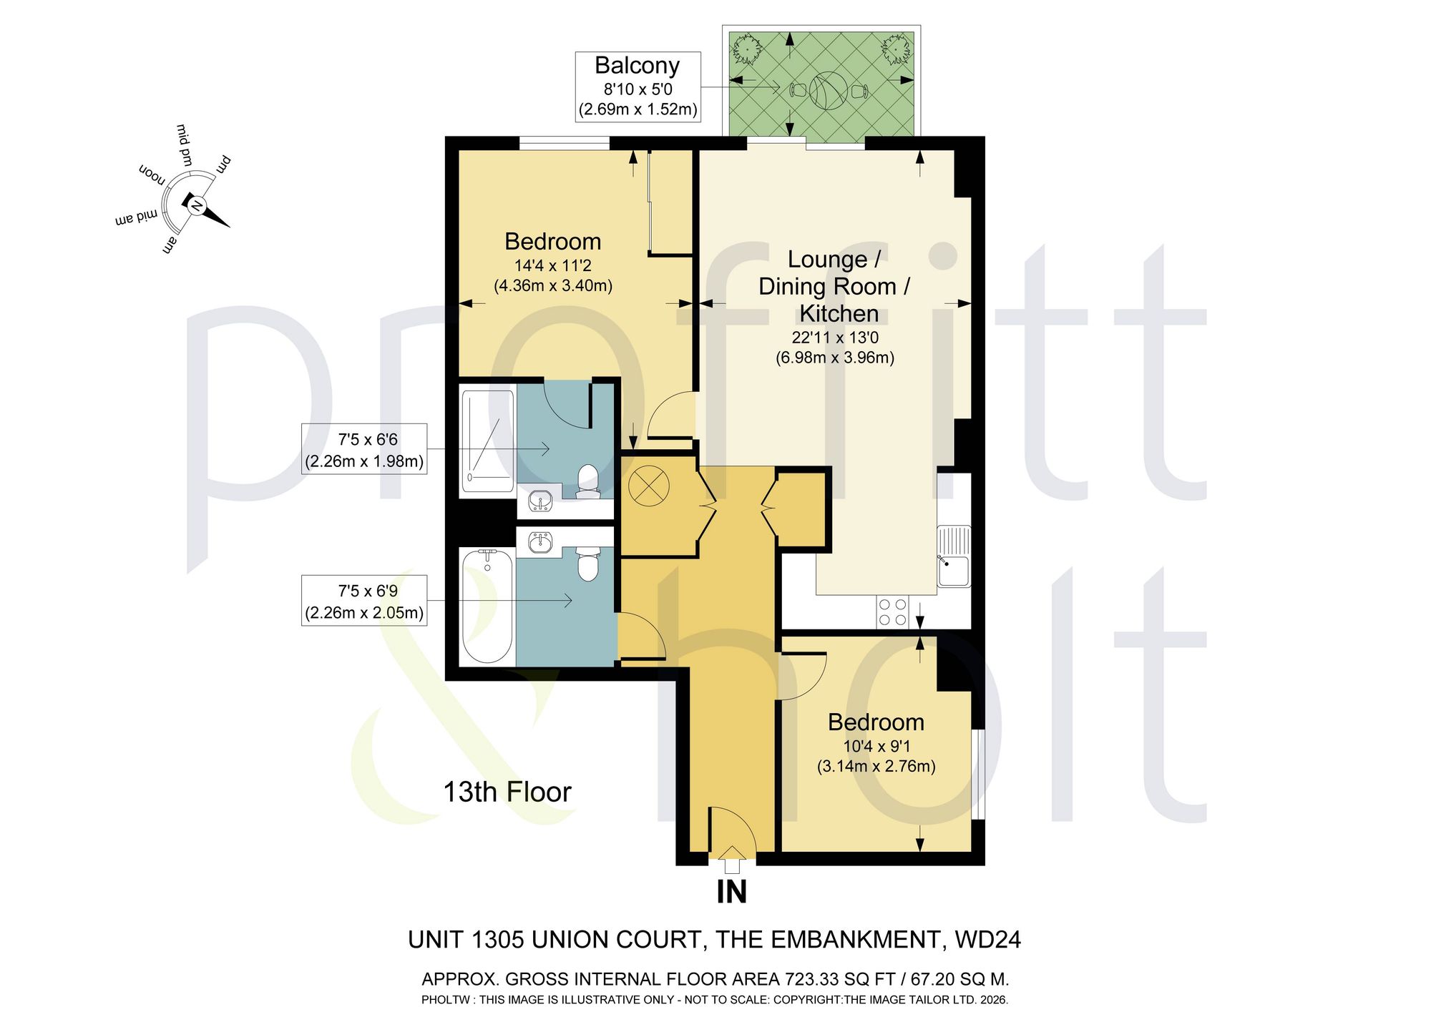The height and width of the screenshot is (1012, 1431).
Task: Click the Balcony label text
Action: (x=637, y=65)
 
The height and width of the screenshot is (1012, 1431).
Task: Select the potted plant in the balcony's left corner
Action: (x=747, y=49)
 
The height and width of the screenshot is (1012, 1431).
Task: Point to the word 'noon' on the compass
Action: (x=152, y=174)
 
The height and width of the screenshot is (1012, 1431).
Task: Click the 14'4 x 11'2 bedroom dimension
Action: (x=552, y=266)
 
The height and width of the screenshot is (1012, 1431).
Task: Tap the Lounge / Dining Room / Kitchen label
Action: (x=834, y=286)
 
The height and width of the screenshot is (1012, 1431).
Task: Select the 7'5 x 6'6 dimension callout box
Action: (x=364, y=449)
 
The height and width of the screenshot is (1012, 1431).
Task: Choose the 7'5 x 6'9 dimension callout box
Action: (x=364, y=601)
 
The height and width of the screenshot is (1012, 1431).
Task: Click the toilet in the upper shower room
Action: (x=588, y=481)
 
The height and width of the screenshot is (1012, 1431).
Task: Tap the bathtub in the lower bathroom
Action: (x=487, y=606)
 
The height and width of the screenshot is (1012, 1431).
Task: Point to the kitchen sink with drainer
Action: (x=954, y=556)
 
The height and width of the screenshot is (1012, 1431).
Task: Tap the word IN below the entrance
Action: (x=731, y=892)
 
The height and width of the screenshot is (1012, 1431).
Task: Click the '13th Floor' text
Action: (x=507, y=792)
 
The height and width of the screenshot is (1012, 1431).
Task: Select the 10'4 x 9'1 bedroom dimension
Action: (x=876, y=747)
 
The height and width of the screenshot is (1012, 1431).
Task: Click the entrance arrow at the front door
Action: (x=731, y=859)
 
